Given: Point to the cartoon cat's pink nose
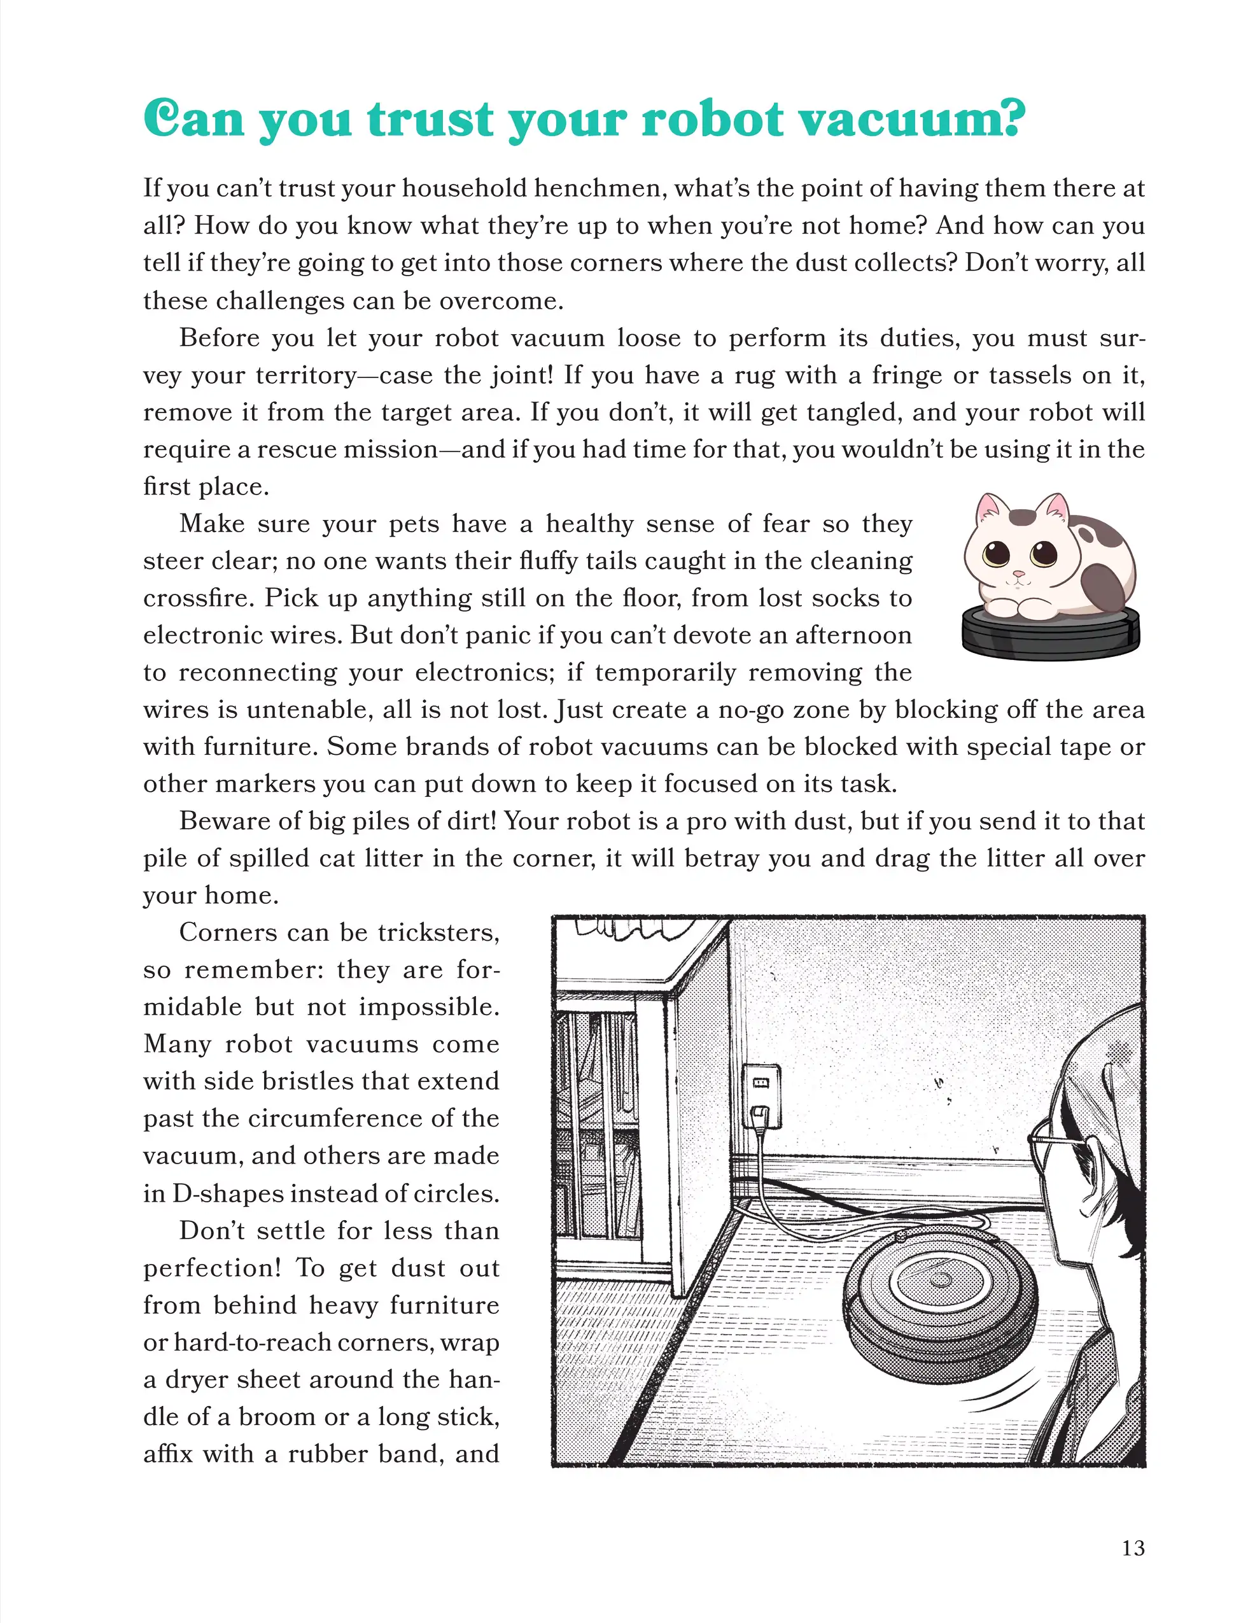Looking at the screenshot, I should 1019,573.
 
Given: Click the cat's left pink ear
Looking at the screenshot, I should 987,510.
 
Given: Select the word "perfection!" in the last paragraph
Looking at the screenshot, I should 212,1268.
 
